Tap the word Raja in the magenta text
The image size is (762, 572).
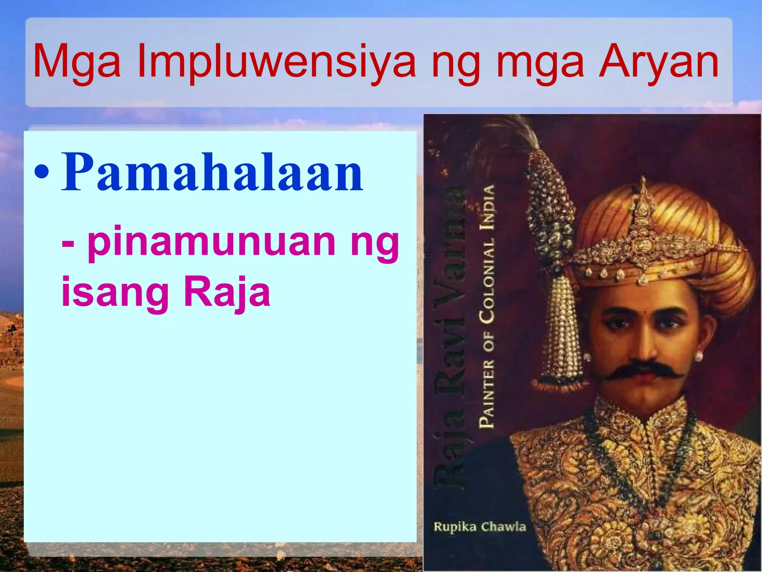point(227,293)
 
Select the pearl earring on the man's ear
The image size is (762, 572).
point(698,356)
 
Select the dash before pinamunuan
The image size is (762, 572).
point(68,244)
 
